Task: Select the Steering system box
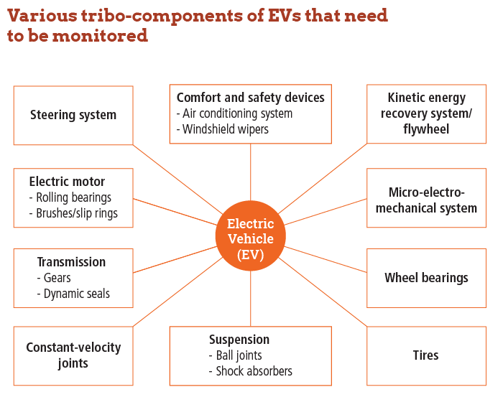click(73, 115)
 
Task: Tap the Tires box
click(426, 355)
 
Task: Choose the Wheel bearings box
click(426, 278)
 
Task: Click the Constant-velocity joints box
click(73, 355)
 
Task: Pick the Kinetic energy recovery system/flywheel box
click(426, 113)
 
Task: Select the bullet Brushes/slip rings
click(76, 213)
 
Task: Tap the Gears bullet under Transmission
click(57, 278)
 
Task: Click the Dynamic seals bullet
click(76, 294)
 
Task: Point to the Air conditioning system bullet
click(237, 113)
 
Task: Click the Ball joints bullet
click(239, 355)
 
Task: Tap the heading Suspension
click(239, 340)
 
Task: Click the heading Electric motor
click(67, 182)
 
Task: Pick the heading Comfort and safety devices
click(250, 97)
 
